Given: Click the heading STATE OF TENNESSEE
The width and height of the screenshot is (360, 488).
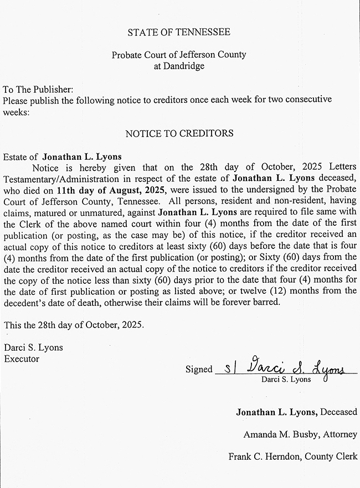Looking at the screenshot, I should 179,32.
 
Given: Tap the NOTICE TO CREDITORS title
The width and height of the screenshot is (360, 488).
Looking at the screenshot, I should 179,133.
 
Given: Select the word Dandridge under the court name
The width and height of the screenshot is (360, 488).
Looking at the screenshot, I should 179,66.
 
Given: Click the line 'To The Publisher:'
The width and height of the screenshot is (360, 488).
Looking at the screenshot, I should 38,90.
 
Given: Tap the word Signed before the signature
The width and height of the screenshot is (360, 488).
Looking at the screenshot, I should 199,369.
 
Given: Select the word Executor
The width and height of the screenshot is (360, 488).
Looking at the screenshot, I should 21,358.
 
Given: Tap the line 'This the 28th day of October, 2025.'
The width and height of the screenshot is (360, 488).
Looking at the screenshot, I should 73,325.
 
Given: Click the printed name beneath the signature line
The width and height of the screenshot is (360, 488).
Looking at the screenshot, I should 286,380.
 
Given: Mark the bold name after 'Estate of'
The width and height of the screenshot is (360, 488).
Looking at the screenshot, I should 82,157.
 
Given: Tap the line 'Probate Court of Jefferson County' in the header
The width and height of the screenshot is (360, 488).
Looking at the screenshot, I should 179,55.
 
